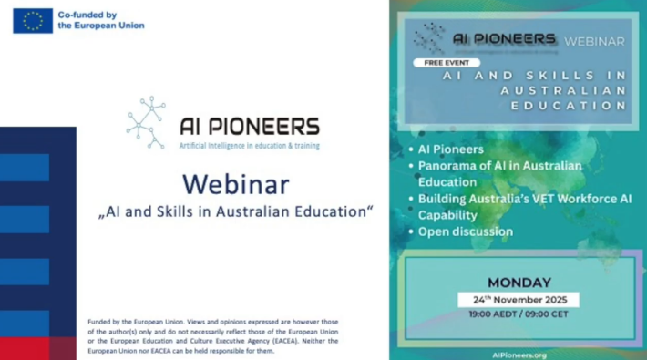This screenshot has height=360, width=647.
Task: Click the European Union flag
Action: [33, 20]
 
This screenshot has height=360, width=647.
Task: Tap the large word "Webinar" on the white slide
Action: [235, 184]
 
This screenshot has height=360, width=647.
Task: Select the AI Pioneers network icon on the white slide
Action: [146, 122]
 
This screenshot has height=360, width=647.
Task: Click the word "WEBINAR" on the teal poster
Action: [594, 41]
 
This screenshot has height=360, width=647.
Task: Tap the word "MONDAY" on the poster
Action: [518, 283]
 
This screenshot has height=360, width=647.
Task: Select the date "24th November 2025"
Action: [518, 300]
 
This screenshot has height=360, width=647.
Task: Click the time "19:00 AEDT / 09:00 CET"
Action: [518, 314]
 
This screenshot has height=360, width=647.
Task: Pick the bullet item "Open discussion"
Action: [465, 231]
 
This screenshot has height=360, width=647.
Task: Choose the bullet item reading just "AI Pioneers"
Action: [450, 149]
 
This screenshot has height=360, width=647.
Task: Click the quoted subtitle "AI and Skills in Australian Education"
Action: [235, 211]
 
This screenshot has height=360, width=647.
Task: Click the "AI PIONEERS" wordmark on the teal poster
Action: [504, 39]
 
